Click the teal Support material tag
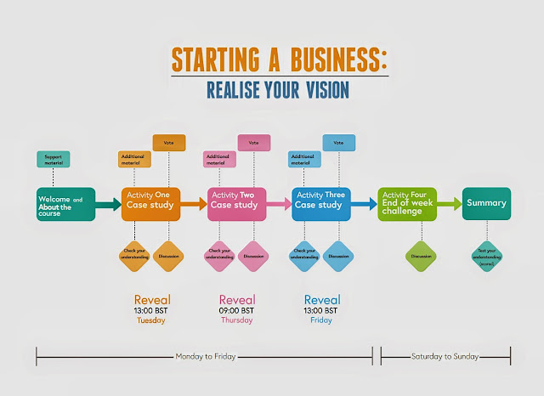coord(53,159)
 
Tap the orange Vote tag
coord(169,142)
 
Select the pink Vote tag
coord(254,142)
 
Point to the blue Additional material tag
coord(305,159)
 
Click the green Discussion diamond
coord(422,256)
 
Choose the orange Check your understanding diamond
coord(134,256)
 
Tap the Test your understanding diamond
coord(486,256)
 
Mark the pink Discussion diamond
coord(253,256)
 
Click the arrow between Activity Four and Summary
coord(450,204)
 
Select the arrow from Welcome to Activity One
coord(107,204)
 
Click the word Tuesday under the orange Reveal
coord(151,320)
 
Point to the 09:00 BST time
coord(236,310)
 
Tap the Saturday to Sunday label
coord(445,355)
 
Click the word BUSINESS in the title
coord(326,60)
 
